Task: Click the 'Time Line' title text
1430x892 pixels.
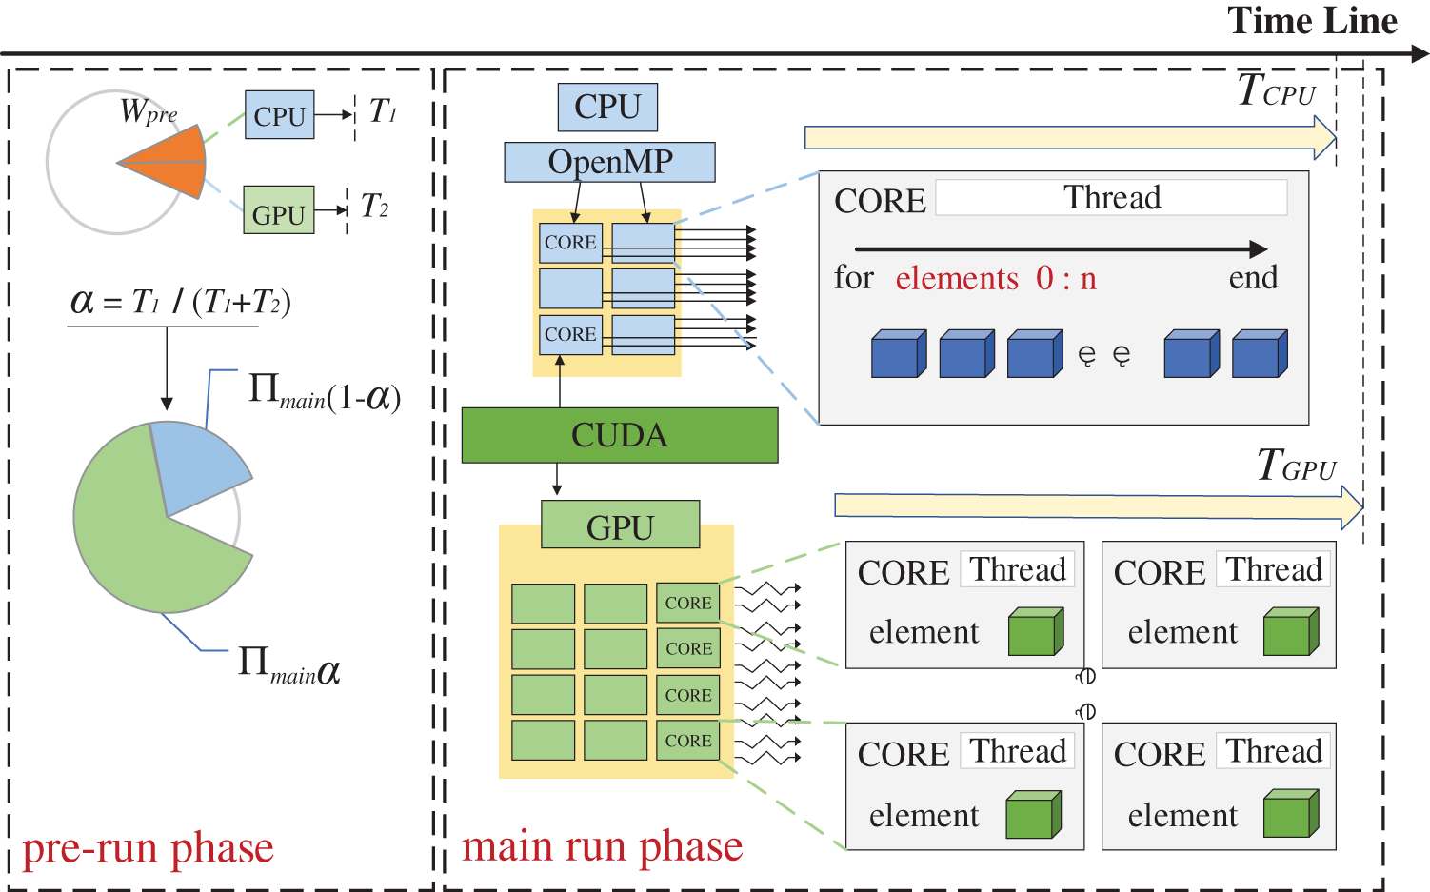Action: tap(1312, 21)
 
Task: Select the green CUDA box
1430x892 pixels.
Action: tap(620, 435)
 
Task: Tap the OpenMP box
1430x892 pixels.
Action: tap(609, 162)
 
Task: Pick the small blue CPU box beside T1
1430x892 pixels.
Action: tap(279, 115)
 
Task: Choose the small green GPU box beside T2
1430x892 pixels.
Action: tap(278, 210)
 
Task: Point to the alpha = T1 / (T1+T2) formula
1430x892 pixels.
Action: tap(180, 303)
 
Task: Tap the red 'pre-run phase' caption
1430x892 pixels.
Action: tap(148, 848)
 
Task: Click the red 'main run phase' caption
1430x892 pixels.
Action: tap(602, 846)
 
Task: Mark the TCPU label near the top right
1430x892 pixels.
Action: tap(1276, 91)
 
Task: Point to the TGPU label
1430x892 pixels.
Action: tap(1296, 466)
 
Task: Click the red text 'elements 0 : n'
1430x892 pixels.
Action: tap(996, 278)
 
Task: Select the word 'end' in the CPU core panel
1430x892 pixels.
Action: tap(1253, 278)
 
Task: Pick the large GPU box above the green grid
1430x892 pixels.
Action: tap(620, 525)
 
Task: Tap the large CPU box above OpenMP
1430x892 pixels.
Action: tap(607, 107)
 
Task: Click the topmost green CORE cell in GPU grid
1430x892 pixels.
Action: tap(687, 603)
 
